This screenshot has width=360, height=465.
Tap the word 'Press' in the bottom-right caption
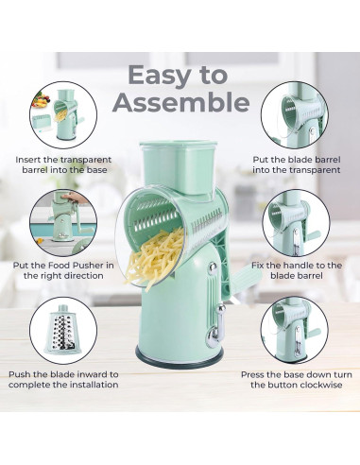pos(253,375)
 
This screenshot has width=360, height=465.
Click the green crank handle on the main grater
pos(243,275)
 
